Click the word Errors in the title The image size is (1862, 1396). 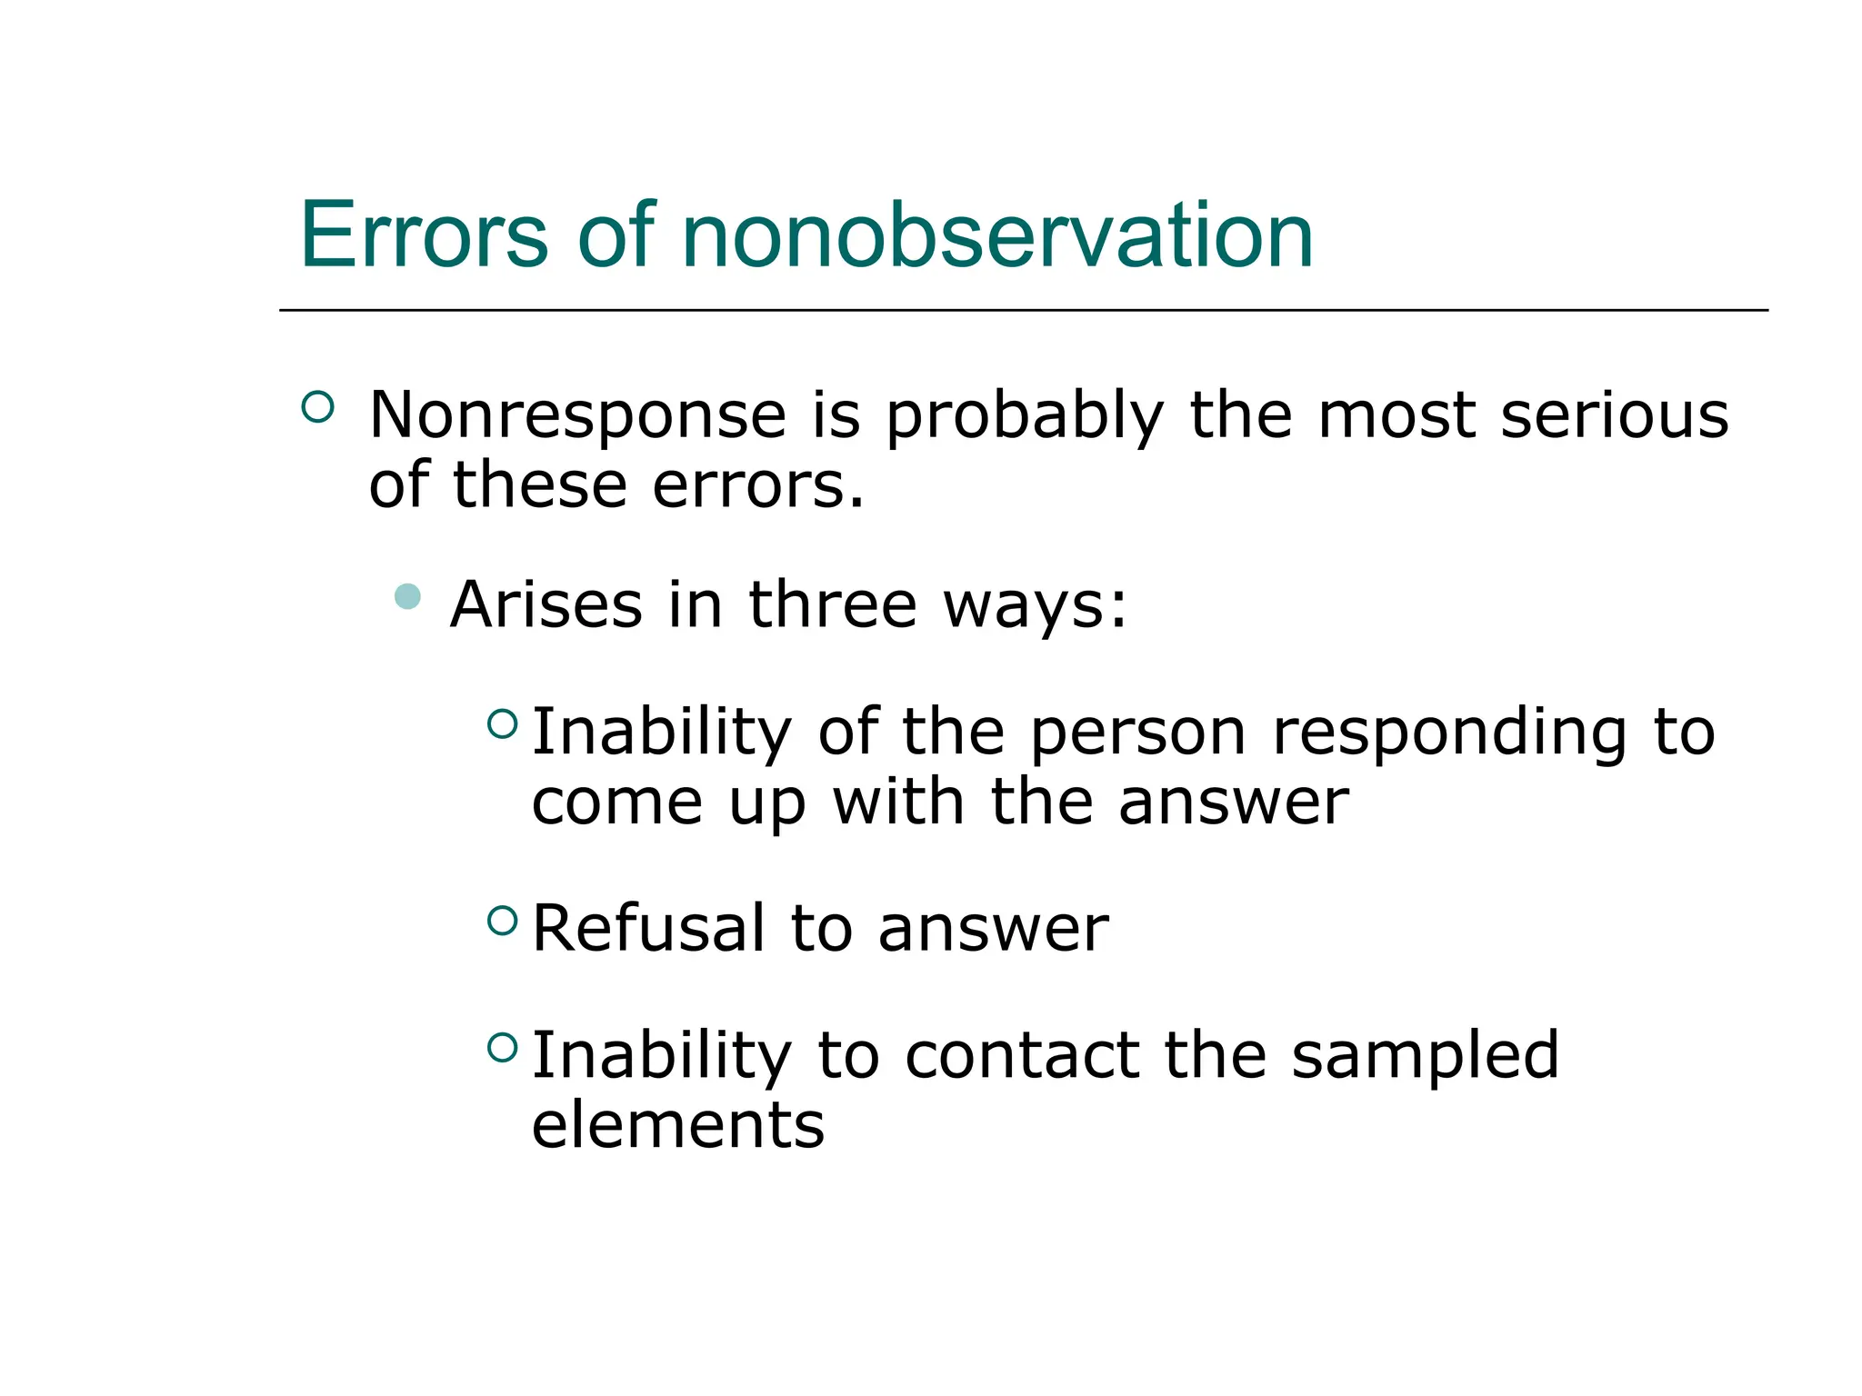(424, 235)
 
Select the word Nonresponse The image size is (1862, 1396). (577, 415)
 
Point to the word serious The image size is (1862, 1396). (1614, 415)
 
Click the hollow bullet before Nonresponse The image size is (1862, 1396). (317, 406)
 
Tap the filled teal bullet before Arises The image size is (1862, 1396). (408, 596)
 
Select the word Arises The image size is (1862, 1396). (546, 605)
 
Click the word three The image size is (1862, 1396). (832, 605)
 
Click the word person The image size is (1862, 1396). (1137, 733)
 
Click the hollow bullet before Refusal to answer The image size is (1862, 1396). (502, 921)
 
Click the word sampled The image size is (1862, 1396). (1424, 1057)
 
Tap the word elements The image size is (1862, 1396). (677, 1125)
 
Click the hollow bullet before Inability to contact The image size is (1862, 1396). (502, 1048)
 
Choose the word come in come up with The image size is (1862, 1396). (616, 803)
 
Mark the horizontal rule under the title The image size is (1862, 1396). (1023, 310)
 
